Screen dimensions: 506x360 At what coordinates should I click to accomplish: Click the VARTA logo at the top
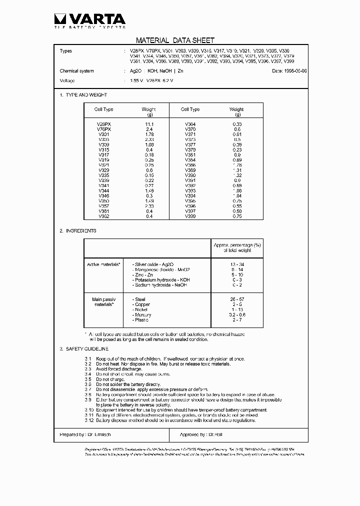click(89, 20)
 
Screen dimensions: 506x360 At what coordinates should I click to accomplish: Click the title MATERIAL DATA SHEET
click(175, 40)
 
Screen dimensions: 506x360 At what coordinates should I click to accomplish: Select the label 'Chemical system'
click(76, 71)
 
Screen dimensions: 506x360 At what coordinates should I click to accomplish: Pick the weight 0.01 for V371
click(236, 134)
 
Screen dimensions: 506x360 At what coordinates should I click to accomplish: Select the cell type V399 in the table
click(190, 216)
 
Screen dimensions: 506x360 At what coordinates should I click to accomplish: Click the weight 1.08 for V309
click(148, 144)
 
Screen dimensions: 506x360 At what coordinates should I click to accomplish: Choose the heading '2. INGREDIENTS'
click(77, 231)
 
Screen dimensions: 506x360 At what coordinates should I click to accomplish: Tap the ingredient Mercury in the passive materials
click(143, 315)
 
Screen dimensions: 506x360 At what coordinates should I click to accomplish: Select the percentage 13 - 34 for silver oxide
click(237, 263)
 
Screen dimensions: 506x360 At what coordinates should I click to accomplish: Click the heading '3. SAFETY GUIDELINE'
click(84, 348)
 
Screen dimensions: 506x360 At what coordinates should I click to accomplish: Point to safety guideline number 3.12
click(88, 420)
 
